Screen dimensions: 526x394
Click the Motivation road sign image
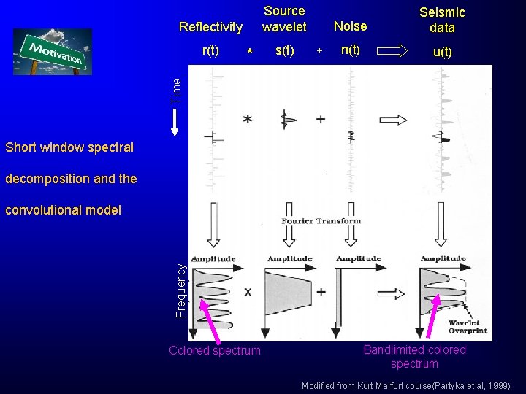point(53,52)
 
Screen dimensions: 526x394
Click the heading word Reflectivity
point(210,27)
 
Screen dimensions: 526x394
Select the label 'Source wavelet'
point(284,19)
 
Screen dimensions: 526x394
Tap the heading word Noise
point(350,26)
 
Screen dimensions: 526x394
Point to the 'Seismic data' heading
point(442,20)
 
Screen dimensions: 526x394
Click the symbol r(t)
point(211,50)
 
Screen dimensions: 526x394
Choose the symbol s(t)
point(284,50)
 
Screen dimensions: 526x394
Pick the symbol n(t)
point(350,50)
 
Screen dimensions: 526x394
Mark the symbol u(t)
point(443,52)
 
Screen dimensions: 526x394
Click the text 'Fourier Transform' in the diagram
point(321,221)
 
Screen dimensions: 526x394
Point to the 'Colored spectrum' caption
point(214,350)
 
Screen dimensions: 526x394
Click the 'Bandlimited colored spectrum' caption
point(414,356)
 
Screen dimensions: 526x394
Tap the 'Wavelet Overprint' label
point(468,327)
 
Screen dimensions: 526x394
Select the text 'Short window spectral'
point(69,147)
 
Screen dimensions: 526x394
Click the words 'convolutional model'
point(63,210)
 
